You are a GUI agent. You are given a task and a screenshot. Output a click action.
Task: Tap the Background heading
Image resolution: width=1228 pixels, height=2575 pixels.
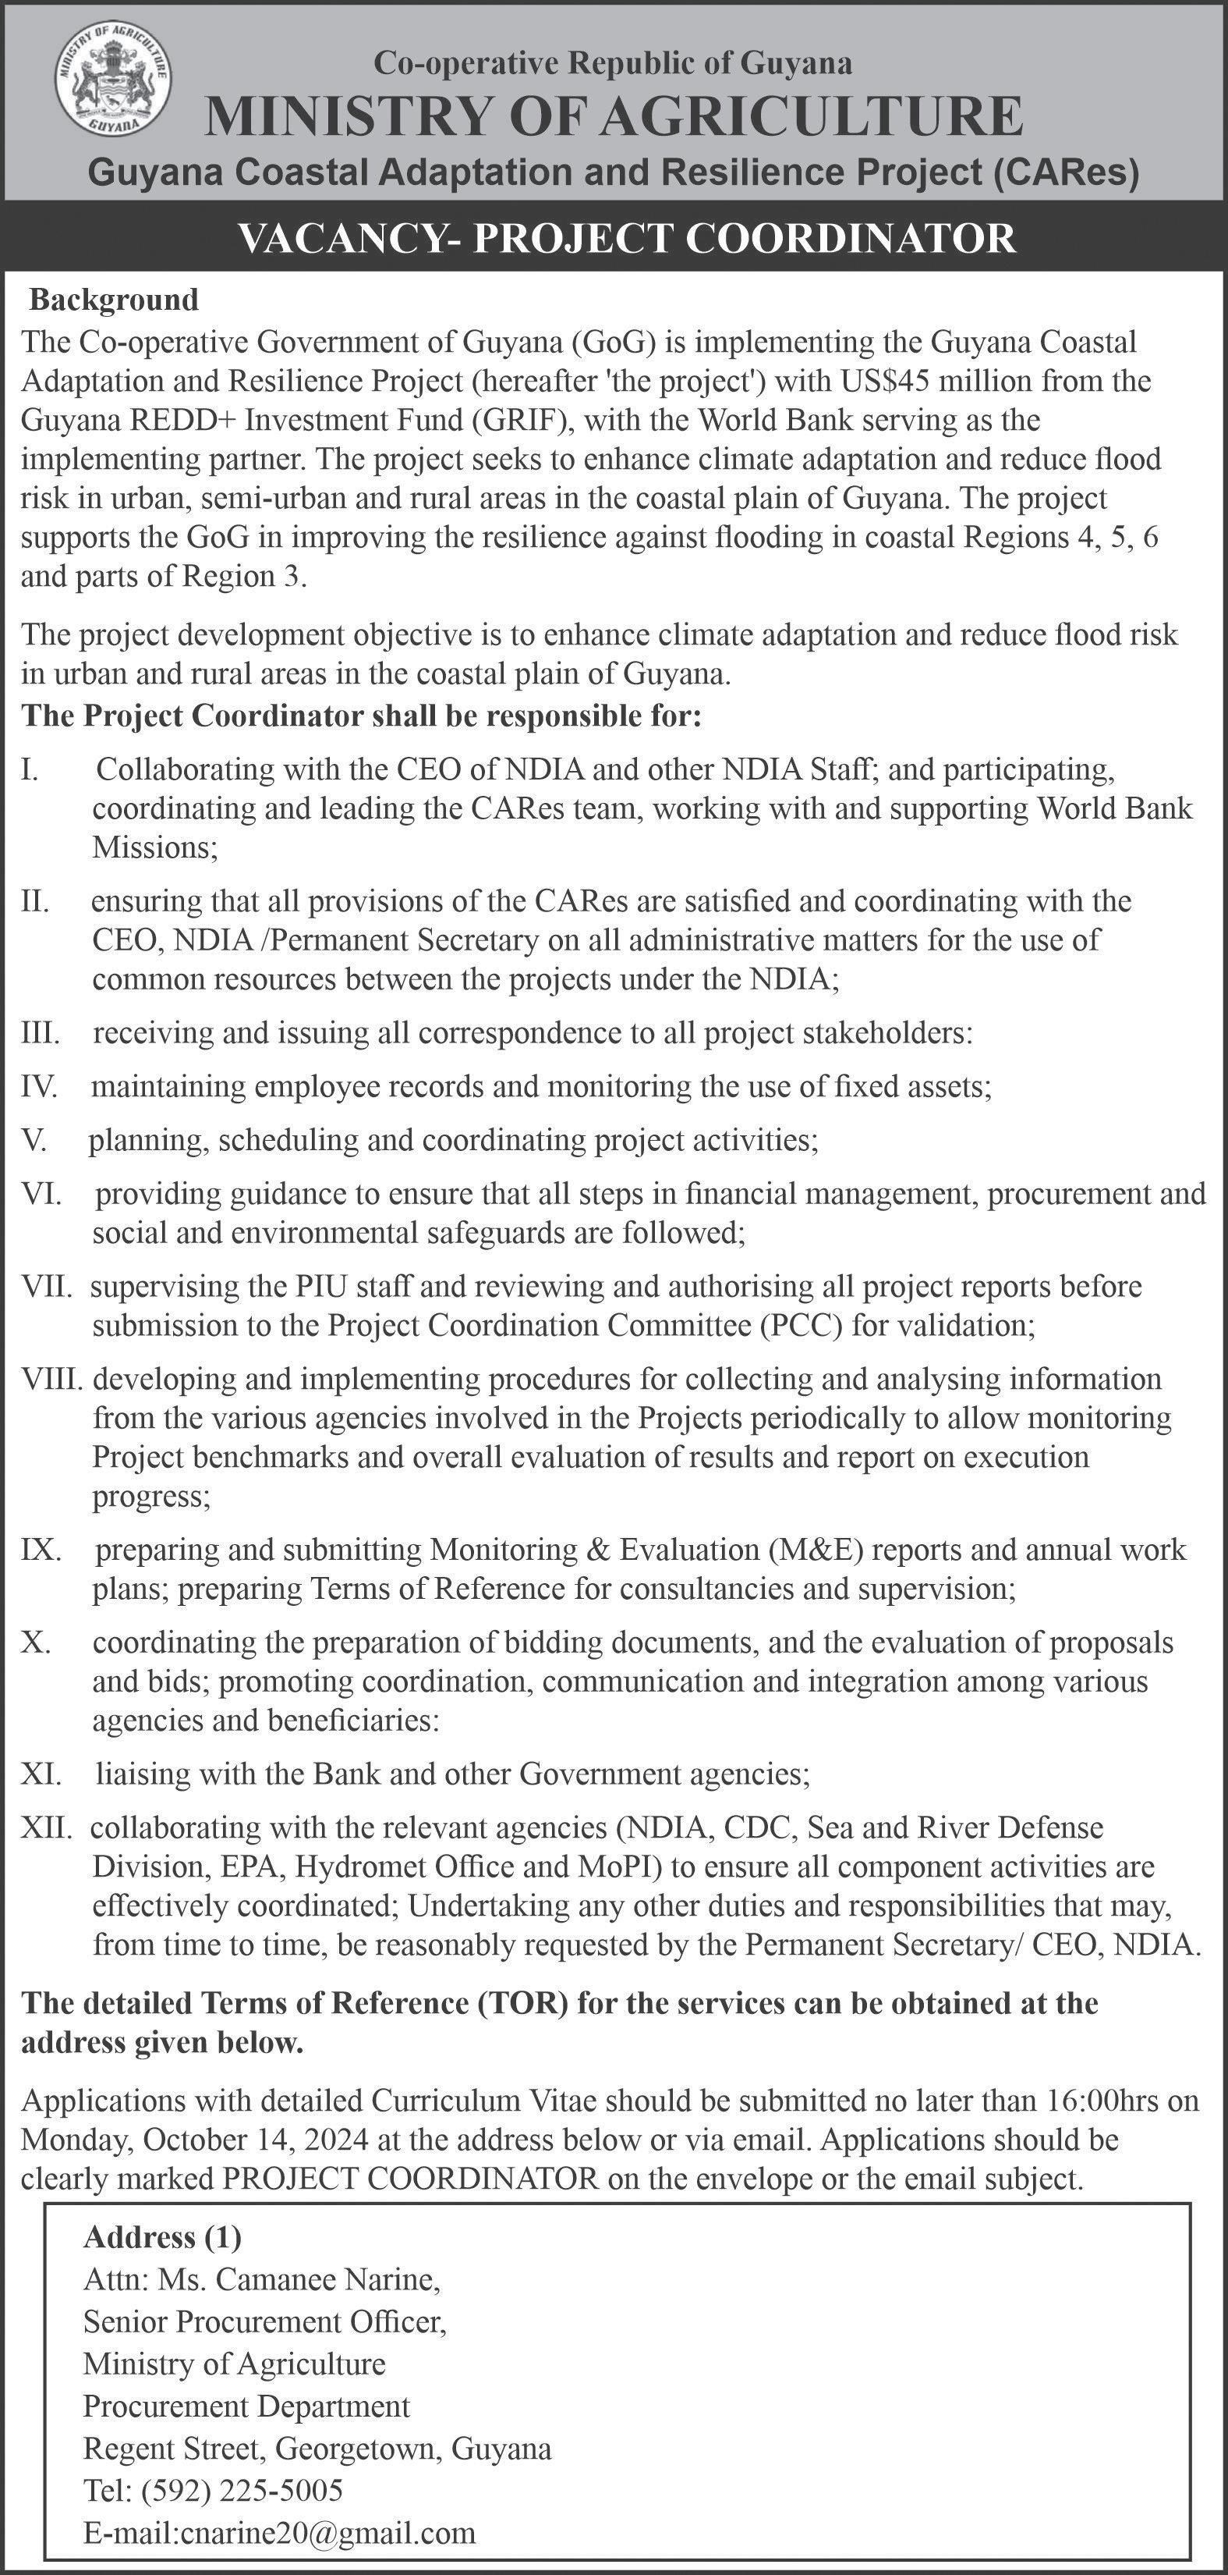(114, 300)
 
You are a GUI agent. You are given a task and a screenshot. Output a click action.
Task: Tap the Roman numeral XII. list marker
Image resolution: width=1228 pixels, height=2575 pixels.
(46, 1828)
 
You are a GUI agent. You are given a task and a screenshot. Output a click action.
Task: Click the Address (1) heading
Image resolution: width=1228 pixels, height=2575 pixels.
(163, 2237)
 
